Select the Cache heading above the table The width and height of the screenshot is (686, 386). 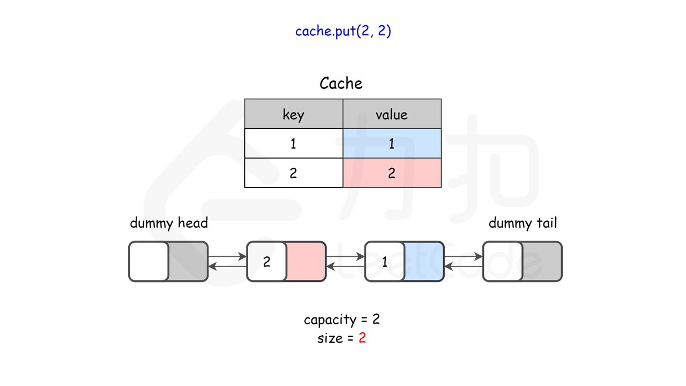pyautogui.click(x=341, y=84)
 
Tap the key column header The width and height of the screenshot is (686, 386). pyautogui.click(x=293, y=114)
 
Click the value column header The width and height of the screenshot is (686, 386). pyautogui.click(x=392, y=114)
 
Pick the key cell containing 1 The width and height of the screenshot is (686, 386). pyautogui.click(x=293, y=144)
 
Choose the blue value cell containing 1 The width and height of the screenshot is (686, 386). pyautogui.click(x=392, y=144)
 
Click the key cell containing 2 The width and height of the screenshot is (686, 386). pyautogui.click(x=293, y=173)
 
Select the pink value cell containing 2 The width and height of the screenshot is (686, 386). pyautogui.click(x=392, y=173)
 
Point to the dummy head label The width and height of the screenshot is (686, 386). pyautogui.click(x=169, y=223)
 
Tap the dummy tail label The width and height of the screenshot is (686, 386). pyautogui.click(x=523, y=223)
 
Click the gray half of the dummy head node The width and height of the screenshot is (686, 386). pyautogui.click(x=188, y=262)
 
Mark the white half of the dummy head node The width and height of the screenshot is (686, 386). pyautogui.click(x=149, y=262)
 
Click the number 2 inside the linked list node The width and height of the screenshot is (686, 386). pyautogui.click(x=266, y=262)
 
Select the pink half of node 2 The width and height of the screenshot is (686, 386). pyautogui.click(x=306, y=262)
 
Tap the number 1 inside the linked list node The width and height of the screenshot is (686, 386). pyautogui.click(x=384, y=262)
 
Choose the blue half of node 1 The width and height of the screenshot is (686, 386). pyautogui.click(x=424, y=262)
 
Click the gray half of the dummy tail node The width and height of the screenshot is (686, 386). pyautogui.click(x=542, y=262)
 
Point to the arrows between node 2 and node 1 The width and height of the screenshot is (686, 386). pyautogui.click(x=345, y=262)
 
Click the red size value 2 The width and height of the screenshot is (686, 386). pyautogui.click(x=362, y=338)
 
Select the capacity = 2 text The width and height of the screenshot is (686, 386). pyautogui.click(x=342, y=320)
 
